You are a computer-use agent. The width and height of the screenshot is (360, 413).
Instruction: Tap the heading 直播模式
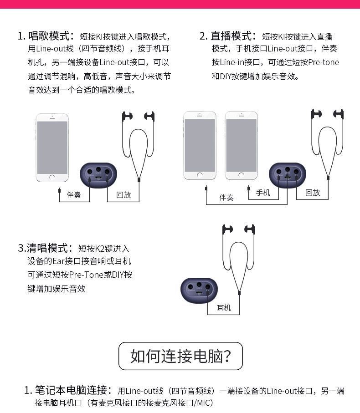click(232, 36)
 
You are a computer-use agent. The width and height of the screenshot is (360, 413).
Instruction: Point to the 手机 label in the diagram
click(263, 193)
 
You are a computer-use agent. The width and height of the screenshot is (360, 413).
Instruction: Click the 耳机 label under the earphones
click(224, 308)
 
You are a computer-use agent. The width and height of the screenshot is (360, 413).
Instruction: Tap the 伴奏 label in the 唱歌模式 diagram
click(74, 195)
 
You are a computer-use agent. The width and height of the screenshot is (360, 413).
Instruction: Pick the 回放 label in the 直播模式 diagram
click(313, 193)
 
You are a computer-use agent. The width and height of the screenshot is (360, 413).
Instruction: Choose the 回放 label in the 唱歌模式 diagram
click(123, 195)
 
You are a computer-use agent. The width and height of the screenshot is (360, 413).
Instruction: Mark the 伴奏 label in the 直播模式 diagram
click(226, 197)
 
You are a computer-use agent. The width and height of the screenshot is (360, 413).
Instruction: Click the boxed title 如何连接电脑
click(180, 356)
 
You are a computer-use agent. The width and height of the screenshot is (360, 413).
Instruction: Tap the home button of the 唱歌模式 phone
click(52, 177)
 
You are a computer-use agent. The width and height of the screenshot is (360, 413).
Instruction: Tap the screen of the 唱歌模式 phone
click(52, 146)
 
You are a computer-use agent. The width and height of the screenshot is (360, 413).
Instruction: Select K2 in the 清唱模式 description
click(100, 249)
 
